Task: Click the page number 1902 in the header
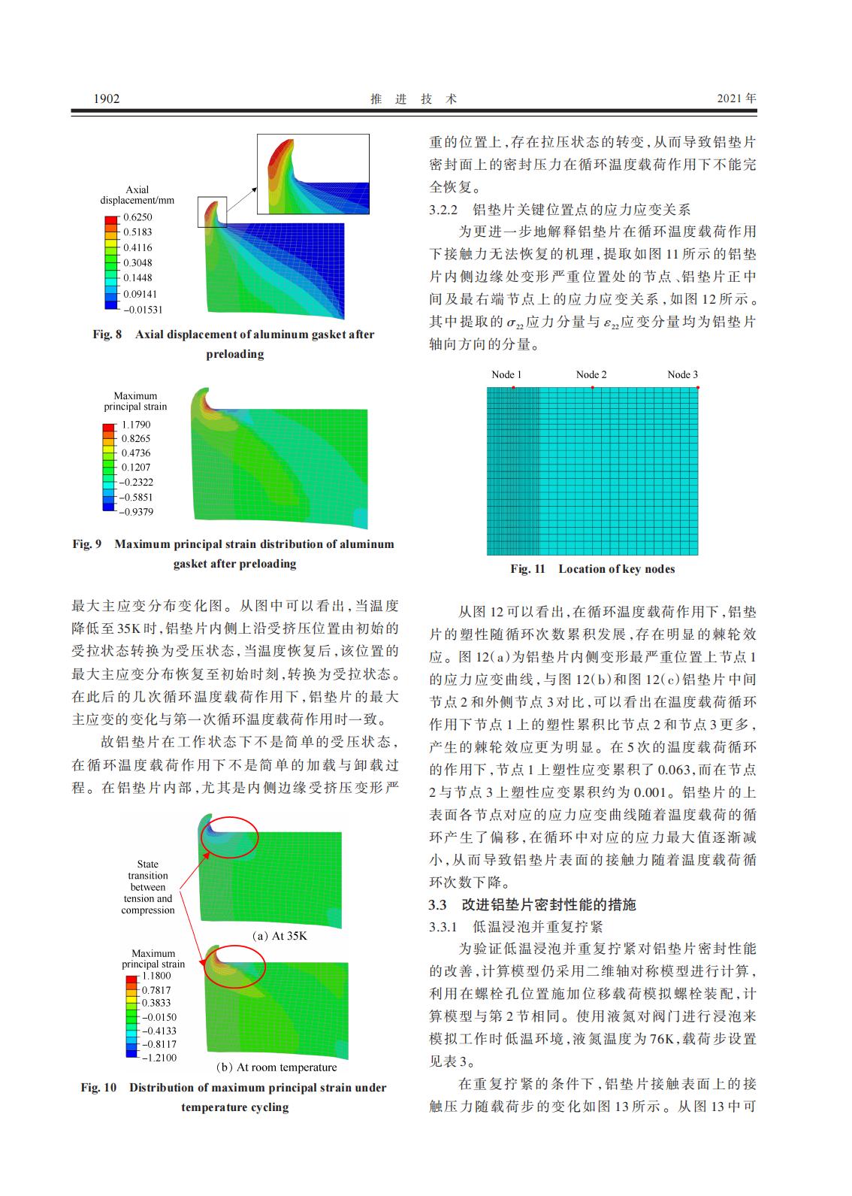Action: pyautogui.click(x=106, y=98)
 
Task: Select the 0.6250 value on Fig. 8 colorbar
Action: pyautogui.click(x=137, y=217)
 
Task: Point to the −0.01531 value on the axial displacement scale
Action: pyautogui.click(x=142, y=309)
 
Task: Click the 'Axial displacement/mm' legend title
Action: pyautogui.click(x=137, y=195)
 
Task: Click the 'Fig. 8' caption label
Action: pyautogui.click(x=107, y=335)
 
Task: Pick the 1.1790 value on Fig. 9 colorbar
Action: pyautogui.click(x=136, y=425)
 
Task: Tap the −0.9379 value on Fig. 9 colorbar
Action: pyautogui.click(x=137, y=512)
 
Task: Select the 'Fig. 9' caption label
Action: pyautogui.click(x=86, y=544)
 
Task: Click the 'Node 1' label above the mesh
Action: pyautogui.click(x=506, y=374)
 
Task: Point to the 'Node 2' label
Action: pyautogui.click(x=591, y=374)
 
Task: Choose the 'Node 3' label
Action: pyautogui.click(x=682, y=374)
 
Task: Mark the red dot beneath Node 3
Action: pyautogui.click(x=698, y=388)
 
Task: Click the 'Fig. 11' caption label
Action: pyautogui.click(x=527, y=569)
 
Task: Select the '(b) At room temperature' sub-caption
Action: pyautogui.click(x=276, y=1067)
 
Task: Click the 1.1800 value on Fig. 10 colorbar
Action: pyautogui.click(x=156, y=976)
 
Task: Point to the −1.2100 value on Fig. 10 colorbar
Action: pyautogui.click(x=159, y=1058)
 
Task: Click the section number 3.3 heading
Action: pyautogui.click(x=438, y=904)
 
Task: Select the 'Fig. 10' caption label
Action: pyautogui.click(x=98, y=1088)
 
